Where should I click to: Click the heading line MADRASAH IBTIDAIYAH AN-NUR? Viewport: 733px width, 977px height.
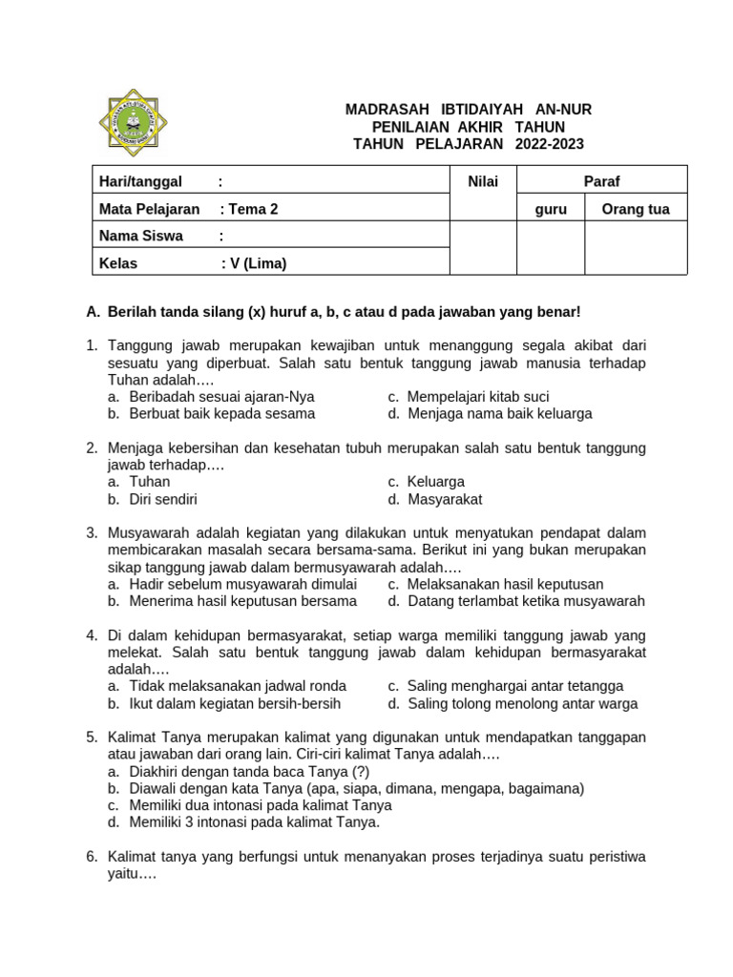coord(468,110)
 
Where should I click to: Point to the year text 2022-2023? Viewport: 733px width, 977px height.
coord(549,144)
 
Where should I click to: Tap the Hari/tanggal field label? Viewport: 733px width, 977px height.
coord(140,181)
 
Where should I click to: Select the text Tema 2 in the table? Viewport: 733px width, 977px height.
coord(253,209)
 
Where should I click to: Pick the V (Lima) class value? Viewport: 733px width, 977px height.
coord(257,263)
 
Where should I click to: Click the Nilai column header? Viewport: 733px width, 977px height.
coord(482,181)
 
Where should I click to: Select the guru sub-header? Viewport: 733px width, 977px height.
coord(550,209)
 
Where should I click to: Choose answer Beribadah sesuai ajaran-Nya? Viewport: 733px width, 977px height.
coord(221,396)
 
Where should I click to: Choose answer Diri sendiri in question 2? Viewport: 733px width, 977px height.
coord(163,498)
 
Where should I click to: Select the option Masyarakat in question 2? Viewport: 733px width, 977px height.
coord(445,498)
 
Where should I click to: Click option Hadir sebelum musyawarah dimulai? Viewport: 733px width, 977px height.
coord(242,583)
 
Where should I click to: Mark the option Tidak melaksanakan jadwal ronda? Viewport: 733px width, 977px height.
coord(238,685)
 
